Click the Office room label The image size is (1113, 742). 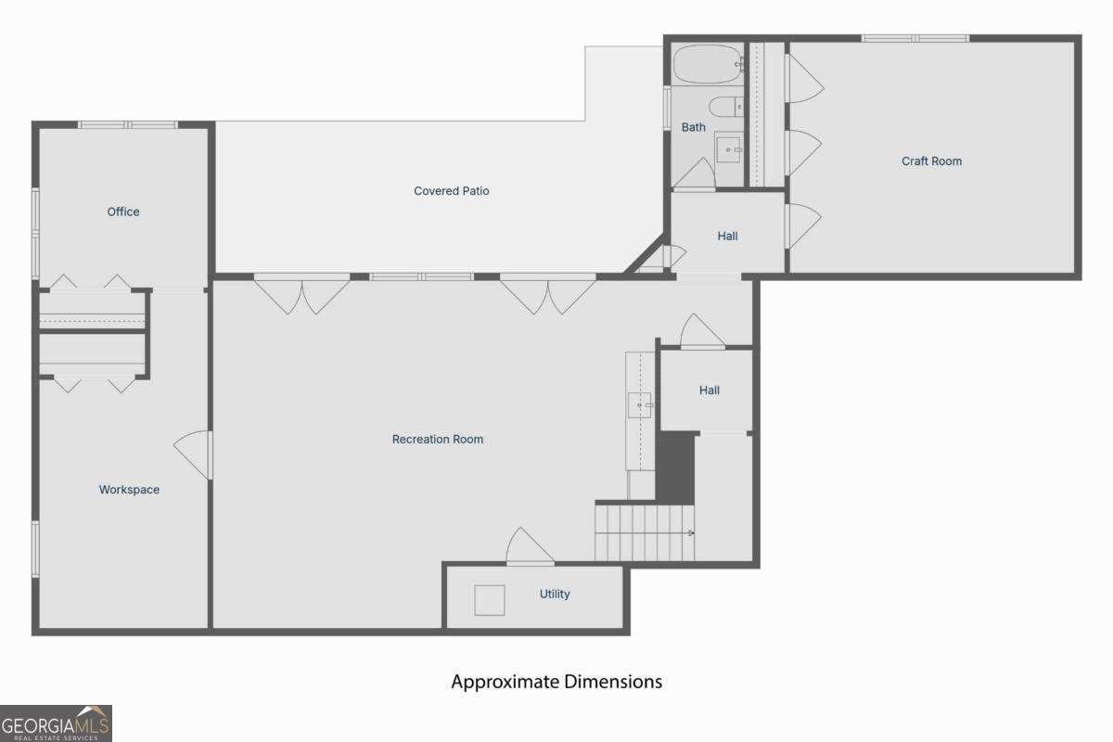pos(123,211)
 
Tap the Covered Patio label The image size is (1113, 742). pos(451,191)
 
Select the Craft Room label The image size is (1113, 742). pos(931,161)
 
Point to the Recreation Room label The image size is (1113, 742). pos(437,440)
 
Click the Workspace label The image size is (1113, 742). pos(129,490)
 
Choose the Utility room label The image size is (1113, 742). pos(555,594)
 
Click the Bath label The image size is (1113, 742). pos(693,127)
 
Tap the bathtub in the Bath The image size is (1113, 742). pos(708,64)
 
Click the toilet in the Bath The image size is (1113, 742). pos(726,107)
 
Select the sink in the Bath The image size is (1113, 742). pos(728,149)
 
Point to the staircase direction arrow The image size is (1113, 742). pos(691,532)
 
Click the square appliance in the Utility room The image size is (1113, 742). pos(490,600)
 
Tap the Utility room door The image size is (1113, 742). pos(530,546)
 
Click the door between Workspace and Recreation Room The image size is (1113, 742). pos(194,454)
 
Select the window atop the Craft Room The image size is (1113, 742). pos(915,38)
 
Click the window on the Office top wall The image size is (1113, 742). pos(128,124)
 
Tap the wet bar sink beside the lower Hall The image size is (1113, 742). pos(639,405)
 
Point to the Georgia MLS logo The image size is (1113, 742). pos(56,723)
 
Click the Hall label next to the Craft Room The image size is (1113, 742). pos(727,237)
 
